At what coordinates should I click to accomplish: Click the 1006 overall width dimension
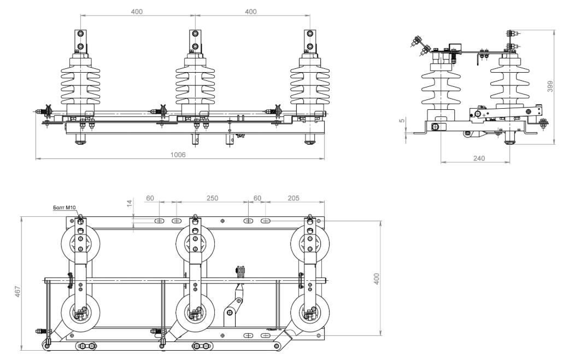pos(178,155)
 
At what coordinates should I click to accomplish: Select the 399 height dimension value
pos(550,86)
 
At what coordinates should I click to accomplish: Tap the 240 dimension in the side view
pos(479,158)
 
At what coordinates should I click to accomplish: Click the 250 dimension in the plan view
pos(212,198)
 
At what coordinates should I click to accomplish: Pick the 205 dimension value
pos(294,198)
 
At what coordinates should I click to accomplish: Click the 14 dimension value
pos(130,204)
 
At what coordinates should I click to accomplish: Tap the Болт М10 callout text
pos(64,208)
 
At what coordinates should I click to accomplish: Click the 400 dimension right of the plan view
pos(376,279)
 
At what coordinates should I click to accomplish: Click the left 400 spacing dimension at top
pos(137,11)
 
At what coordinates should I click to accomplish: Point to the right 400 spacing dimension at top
pos(251,11)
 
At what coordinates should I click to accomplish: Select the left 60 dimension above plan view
pos(150,198)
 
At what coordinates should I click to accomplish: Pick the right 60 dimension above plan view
pos(257,198)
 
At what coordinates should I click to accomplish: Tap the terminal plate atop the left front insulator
pos(81,41)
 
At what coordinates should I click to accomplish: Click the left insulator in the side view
pos(441,90)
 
